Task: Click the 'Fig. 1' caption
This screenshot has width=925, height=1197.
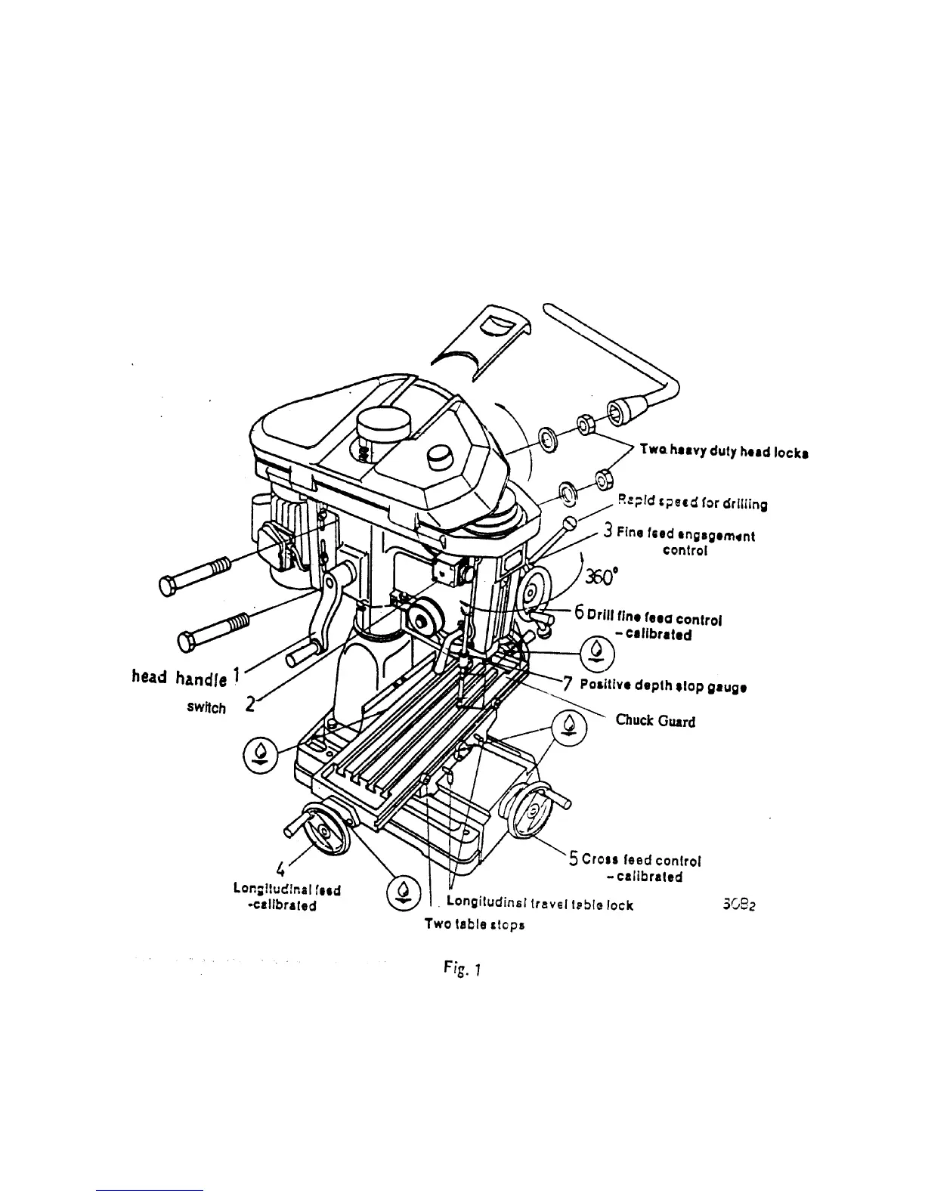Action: [x=458, y=967]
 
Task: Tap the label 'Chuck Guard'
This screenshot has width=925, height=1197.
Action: [x=655, y=720]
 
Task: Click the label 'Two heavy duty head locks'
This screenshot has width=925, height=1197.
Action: [x=724, y=451]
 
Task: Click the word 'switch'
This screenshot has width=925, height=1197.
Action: [x=206, y=708]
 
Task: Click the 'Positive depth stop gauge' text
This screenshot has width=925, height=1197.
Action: [x=664, y=687]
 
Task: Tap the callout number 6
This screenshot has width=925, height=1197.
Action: [x=579, y=612]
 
